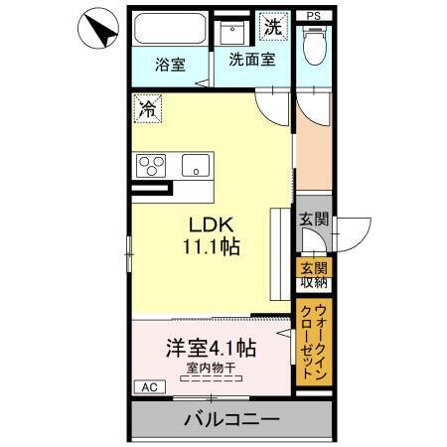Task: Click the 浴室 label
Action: pyautogui.click(x=170, y=66)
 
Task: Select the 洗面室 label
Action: pyautogui.click(x=252, y=60)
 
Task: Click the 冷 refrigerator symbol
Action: pyautogui.click(x=147, y=104)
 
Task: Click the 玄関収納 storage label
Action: pyautogui.click(x=313, y=273)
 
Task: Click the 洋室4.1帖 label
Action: pyautogui.click(x=210, y=350)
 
